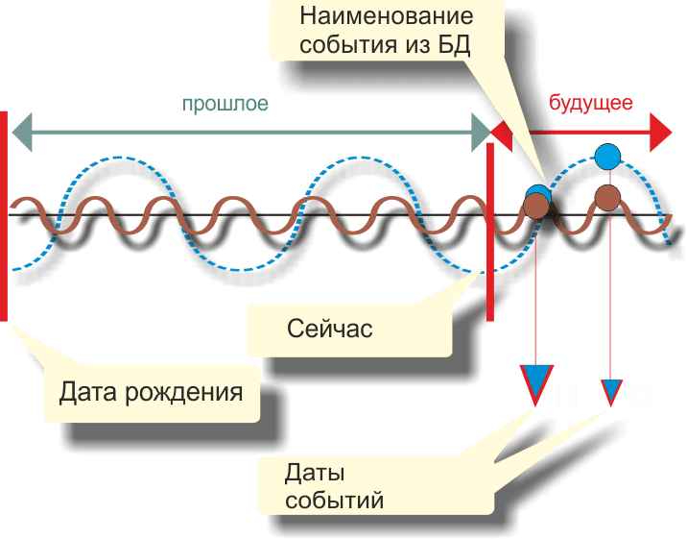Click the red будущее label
point(589,103)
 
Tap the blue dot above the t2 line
point(607,155)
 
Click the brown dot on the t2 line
point(607,198)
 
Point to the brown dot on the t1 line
point(535,203)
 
